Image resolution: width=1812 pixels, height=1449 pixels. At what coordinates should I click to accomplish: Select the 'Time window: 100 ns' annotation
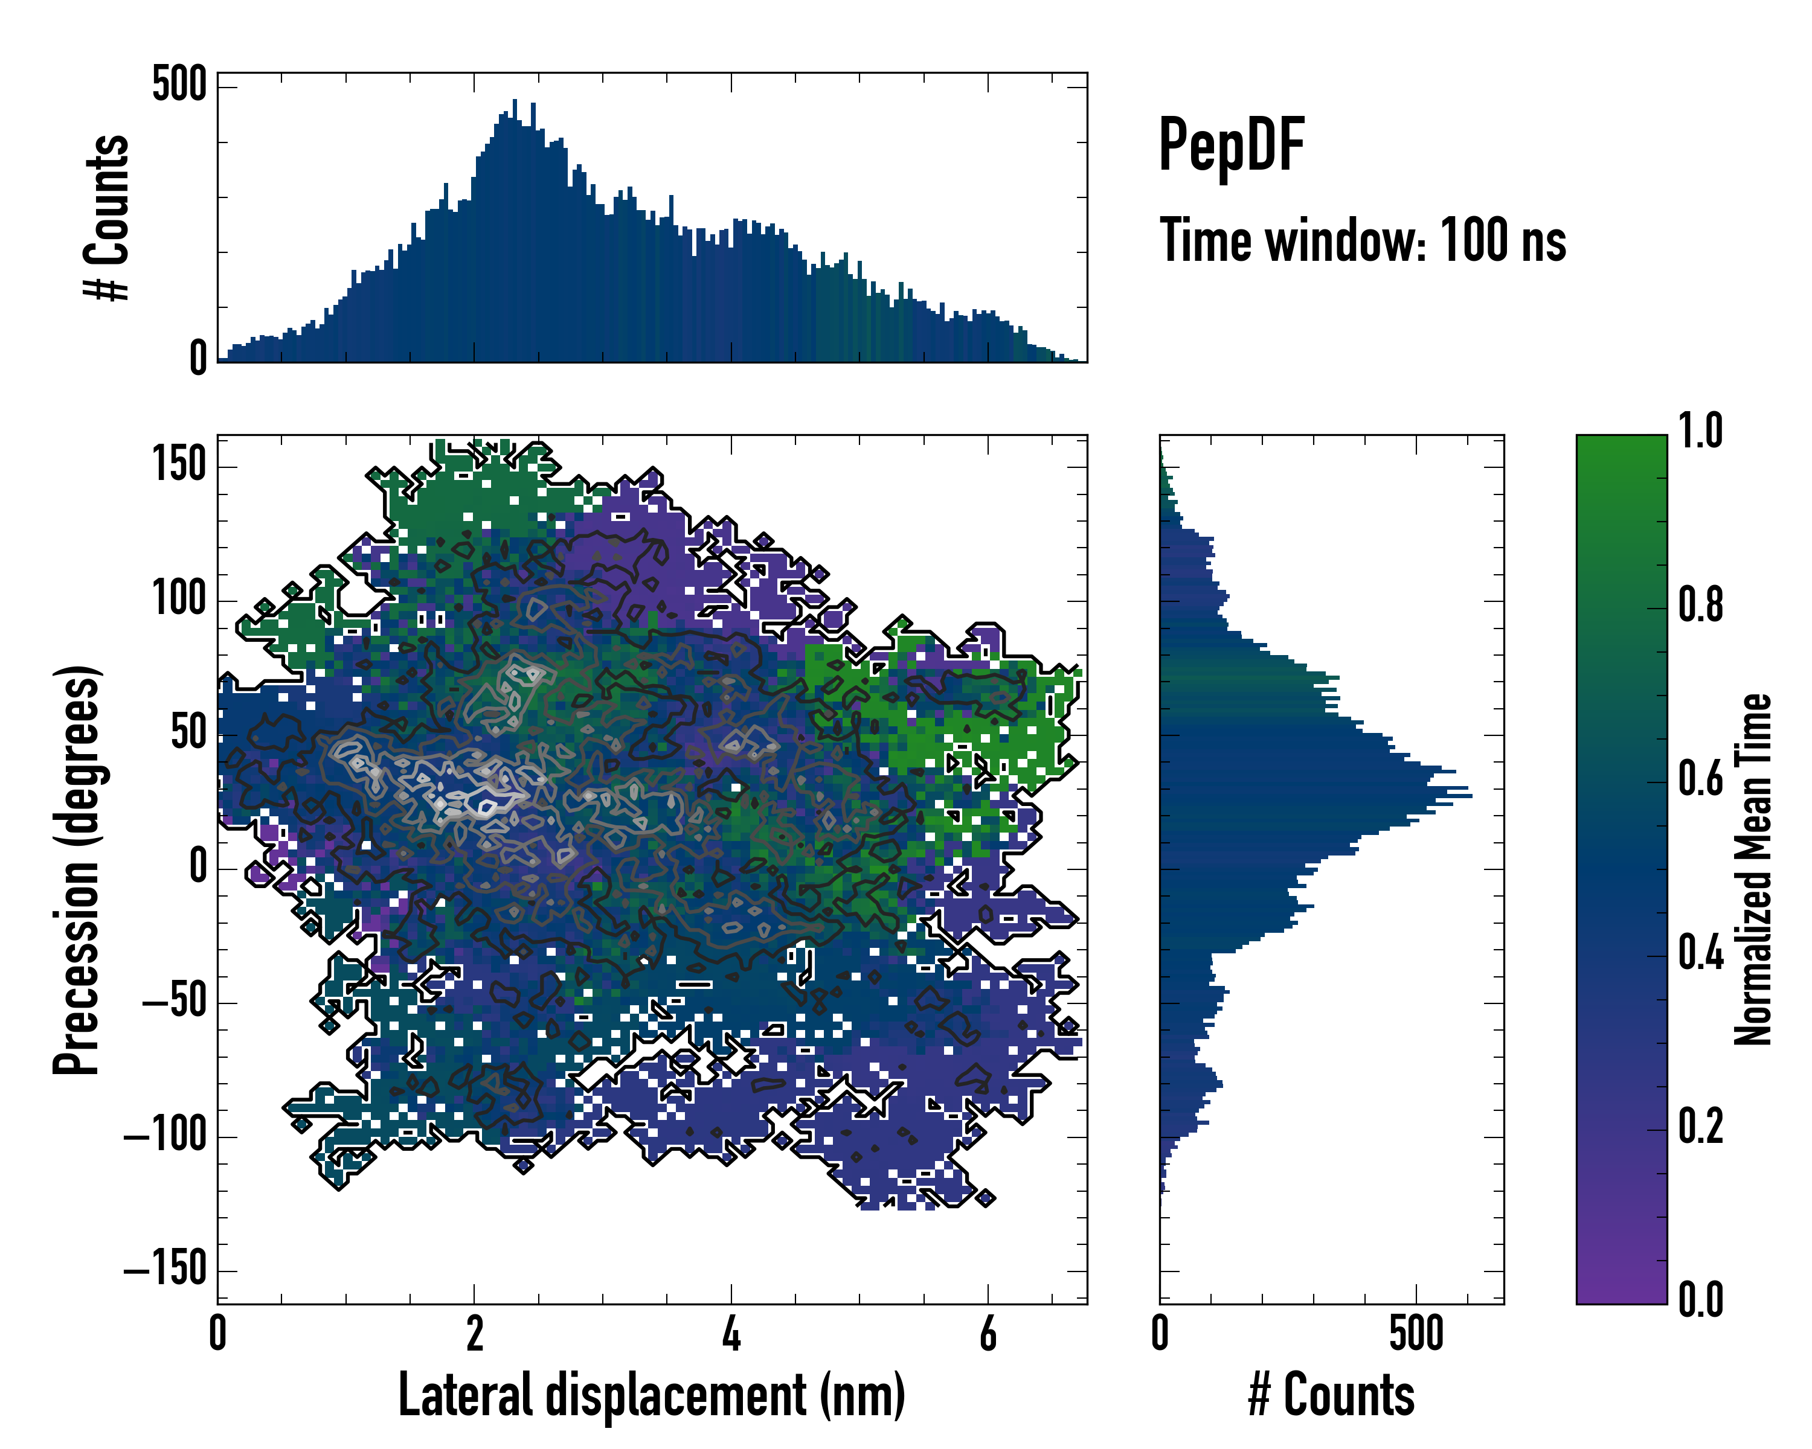point(1363,241)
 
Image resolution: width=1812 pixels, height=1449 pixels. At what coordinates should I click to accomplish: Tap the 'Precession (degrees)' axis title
point(77,869)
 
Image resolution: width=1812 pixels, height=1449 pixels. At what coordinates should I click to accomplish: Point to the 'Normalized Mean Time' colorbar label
point(1753,869)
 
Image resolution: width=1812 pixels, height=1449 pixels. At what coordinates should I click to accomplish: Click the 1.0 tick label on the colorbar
point(1700,431)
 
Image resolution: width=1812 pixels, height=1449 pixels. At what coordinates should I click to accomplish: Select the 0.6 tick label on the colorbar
point(1700,779)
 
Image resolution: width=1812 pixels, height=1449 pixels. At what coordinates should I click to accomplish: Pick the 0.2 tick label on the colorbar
point(1700,1127)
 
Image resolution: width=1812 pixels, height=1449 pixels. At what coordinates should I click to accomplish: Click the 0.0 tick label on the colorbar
point(1700,1299)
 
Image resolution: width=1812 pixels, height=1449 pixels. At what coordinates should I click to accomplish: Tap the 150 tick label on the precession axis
point(179,464)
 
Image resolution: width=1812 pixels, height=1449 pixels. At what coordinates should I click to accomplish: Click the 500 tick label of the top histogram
point(179,85)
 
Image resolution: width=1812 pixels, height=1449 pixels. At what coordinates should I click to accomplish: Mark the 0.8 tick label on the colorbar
point(1700,605)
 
